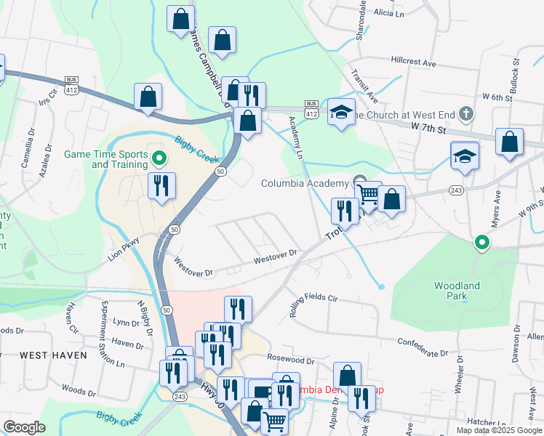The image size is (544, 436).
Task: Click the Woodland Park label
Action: pyautogui.click(x=457, y=291)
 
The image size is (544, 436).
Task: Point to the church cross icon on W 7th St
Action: pyautogui.click(x=467, y=114)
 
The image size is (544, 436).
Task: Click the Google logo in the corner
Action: pyautogui.click(x=24, y=427)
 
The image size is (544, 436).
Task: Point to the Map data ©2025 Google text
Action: pyautogui.click(x=498, y=430)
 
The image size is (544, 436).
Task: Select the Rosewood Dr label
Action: pyautogui.click(x=290, y=359)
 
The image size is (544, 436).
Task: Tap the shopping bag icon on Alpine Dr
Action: pyautogui.click(x=348, y=376)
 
